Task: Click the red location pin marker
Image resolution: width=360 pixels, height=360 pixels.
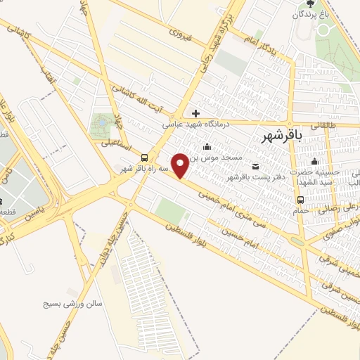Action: pos(181,165)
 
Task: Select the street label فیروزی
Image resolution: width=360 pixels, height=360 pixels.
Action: pos(180,32)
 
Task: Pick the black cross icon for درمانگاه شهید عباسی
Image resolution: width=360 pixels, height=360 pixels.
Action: pos(195,112)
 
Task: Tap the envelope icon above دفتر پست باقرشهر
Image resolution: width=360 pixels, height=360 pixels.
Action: pos(255,165)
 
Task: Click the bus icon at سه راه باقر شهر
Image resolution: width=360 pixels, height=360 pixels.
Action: pos(144,157)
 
